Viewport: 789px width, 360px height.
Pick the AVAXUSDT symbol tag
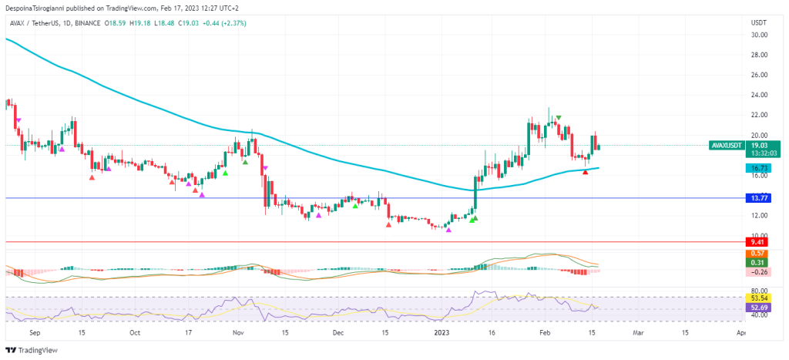click(727, 145)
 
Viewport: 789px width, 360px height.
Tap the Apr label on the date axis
click(740, 333)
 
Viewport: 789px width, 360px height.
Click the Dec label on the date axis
click(337, 333)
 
